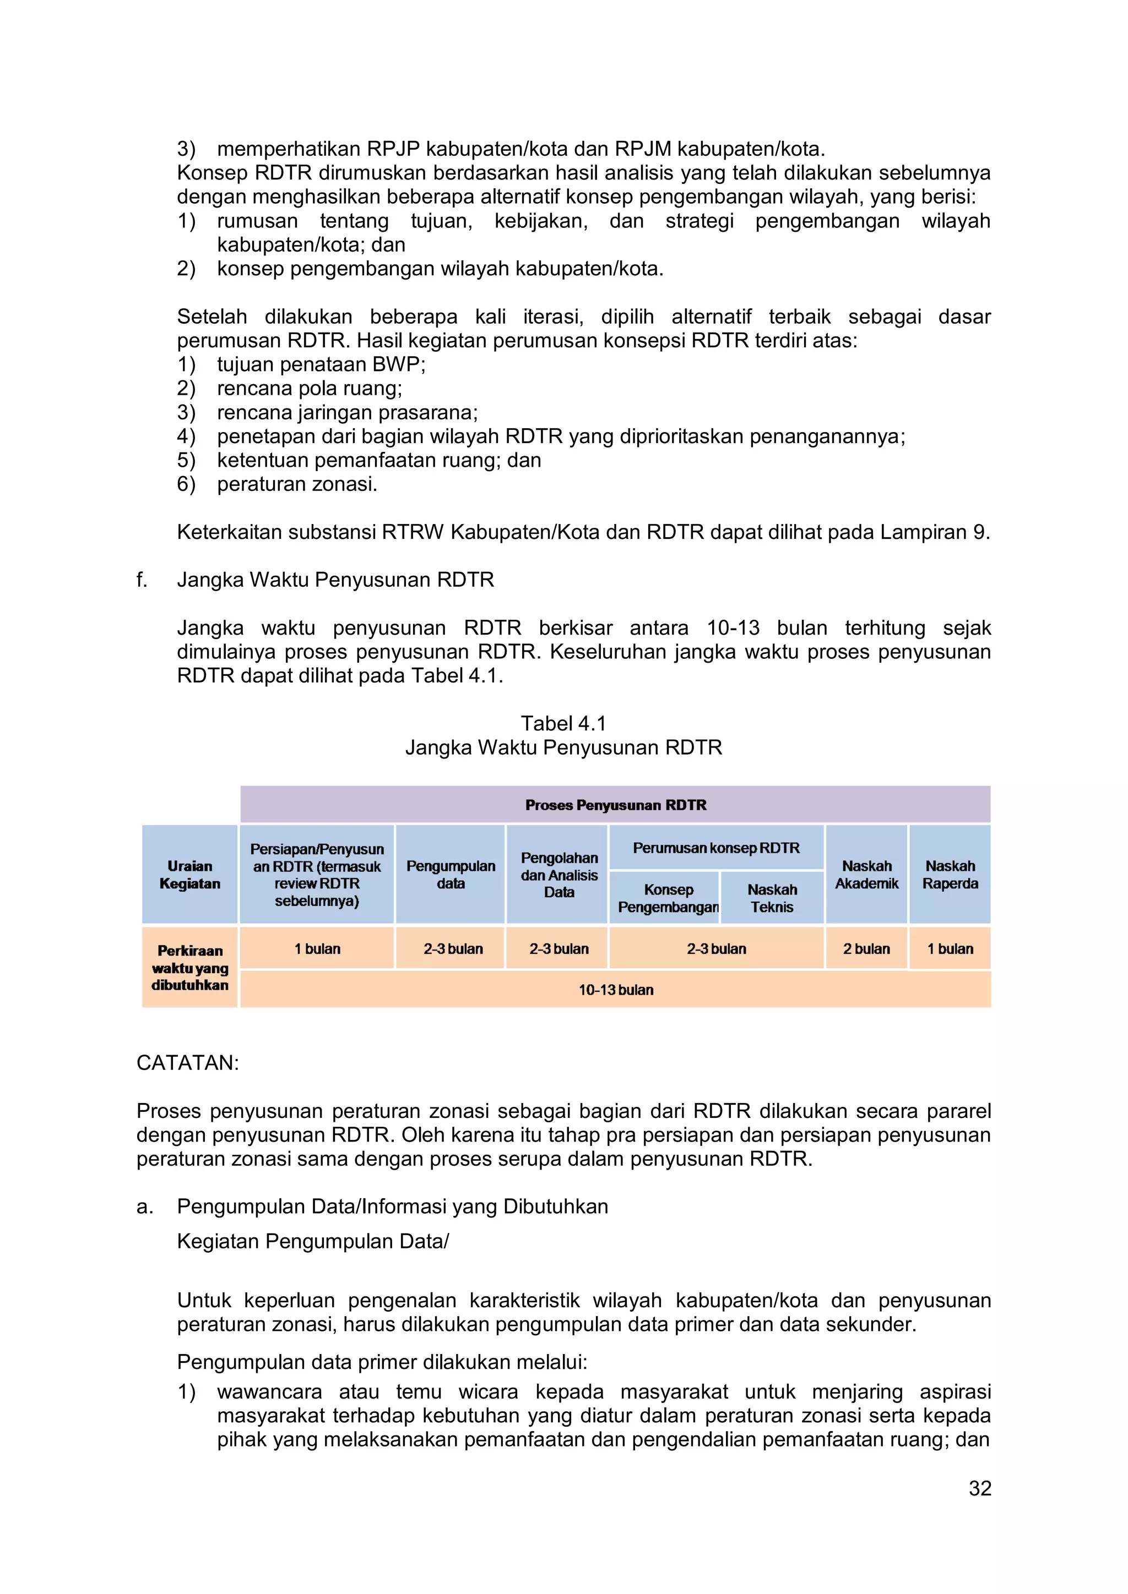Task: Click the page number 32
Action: click(979, 1488)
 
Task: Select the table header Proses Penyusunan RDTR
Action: click(615, 805)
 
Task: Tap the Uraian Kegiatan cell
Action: click(189, 875)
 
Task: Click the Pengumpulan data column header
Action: click(451, 875)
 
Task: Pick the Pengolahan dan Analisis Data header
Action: click(559, 875)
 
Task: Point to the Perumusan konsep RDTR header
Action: click(716, 848)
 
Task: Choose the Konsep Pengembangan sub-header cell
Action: click(668, 898)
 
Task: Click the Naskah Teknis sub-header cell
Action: click(772, 898)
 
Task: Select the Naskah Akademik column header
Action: click(866, 875)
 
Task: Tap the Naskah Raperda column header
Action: click(950, 875)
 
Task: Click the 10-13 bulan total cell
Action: click(615, 990)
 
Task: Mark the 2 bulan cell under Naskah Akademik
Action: click(866, 948)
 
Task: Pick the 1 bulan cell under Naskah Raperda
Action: click(950, 948)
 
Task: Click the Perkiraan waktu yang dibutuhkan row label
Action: click(189, 968)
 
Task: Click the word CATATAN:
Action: click(187, 1063)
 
